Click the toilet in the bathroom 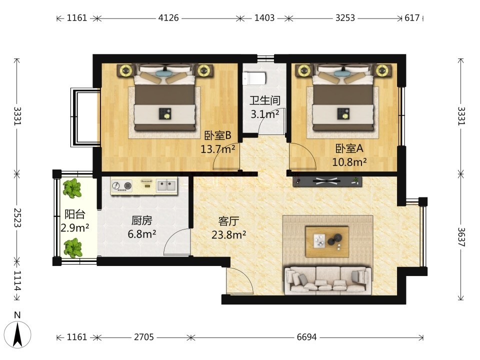point(253,78)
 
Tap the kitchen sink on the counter point(167,185)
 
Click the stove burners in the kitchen point(121,185)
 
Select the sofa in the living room point(328,280)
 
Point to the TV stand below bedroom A point(327,181)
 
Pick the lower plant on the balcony point(72,248)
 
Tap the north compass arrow point(18,334)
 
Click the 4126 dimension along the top point(168,18)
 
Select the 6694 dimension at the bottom point(306,337)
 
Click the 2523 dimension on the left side point(17,217)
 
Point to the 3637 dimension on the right point(461,237)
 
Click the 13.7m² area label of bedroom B point(217,149)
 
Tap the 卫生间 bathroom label point(265,100)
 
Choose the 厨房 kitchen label point(141,220)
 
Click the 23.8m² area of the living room point(228,235)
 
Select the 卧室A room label point(349,148)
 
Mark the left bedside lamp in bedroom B point(125,70)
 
